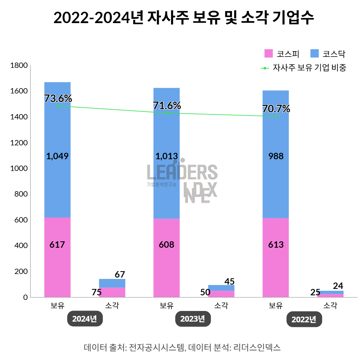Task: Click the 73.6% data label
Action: coord(58,98)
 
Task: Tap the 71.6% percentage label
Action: coord(167,106)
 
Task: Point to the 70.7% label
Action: coord(276,109)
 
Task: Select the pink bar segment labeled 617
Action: coord(57,257)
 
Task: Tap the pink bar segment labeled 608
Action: coord(166,258)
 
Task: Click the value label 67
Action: coord(120,274)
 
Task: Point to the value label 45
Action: coord(229,281)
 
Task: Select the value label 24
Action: coord(338,286)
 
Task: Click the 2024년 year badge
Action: coord(85,319)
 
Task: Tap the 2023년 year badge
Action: coord(193,319)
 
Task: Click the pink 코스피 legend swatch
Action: coord(268,54)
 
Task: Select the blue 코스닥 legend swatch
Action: coord(314,54)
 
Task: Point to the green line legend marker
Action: coord(265,68)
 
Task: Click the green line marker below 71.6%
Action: coord(167,113)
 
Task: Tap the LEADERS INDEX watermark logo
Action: coord(182,181)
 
